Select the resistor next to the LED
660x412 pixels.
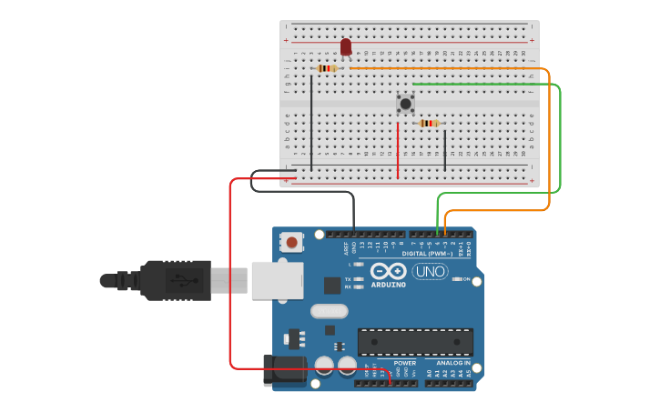pyautogui.click(x=328, y=68)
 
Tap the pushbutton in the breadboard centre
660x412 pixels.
pyautogui.click(x=405, y=104)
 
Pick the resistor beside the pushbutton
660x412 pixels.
pyautogui.click(x=429, y=124)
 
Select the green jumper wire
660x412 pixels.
pyautogui.click(x=560, y=136)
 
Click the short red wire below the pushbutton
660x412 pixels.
pyautogui.click(x=398, y=150)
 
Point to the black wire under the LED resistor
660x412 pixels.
pyautogui.click(x=311, y=123)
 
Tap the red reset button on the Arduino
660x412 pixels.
pyautogui.click(x=292, y=242)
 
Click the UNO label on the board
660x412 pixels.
pyautogui.click(x=430, y=271)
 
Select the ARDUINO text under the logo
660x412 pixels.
pyautogui.click(x=388, y=285)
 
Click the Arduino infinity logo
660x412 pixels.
pyautogui.click(x=388, y=271)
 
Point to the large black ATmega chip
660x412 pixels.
pyautogui.click(x=415, y=342)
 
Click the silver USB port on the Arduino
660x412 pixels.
pyautogui.click(x=277, y=280)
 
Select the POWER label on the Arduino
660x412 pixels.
pyautogui.click(x=404, y=363)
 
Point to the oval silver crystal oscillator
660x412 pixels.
pyautogui.click(x=329, y=311)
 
